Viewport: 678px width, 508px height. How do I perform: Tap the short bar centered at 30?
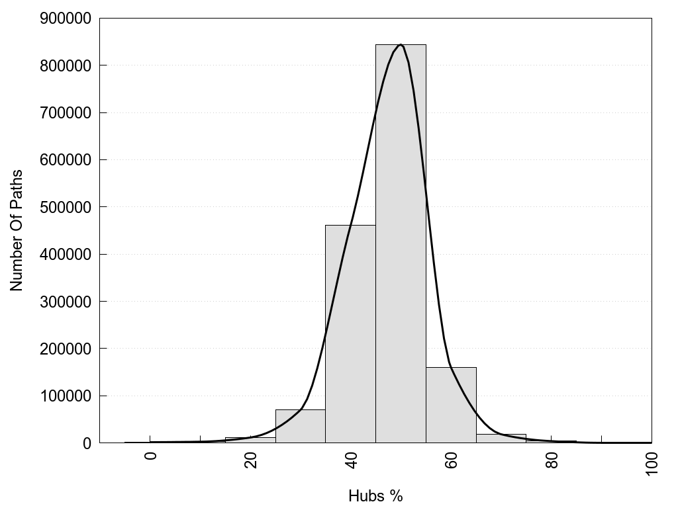tap(300, 426)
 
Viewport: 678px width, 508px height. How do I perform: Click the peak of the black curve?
tap(401, 45)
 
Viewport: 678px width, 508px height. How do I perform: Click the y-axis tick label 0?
tap(86, 443)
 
